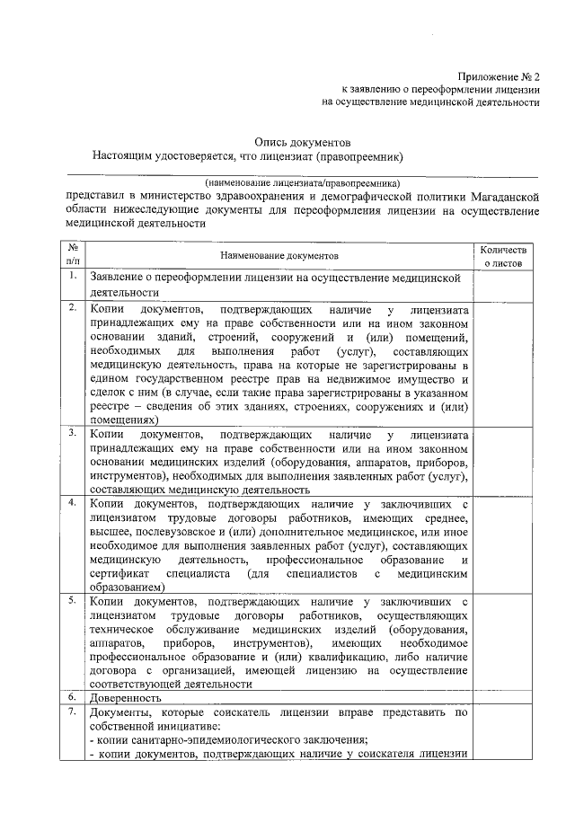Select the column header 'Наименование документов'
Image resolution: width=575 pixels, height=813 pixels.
point(279,256)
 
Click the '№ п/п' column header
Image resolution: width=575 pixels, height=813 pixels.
point(73,256)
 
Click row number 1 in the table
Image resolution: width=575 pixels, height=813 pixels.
point(73,276)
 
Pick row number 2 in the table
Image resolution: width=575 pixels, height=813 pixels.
point(73,308)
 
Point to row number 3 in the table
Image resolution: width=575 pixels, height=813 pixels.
point(73,434)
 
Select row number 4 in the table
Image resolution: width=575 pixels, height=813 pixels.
point(73,502)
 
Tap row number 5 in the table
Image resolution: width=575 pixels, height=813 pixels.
point(73,599)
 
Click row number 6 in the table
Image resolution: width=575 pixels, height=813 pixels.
point(73,697)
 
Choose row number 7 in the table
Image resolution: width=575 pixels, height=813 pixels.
point(73,711)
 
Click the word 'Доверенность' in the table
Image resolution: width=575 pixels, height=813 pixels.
point(125,698)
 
